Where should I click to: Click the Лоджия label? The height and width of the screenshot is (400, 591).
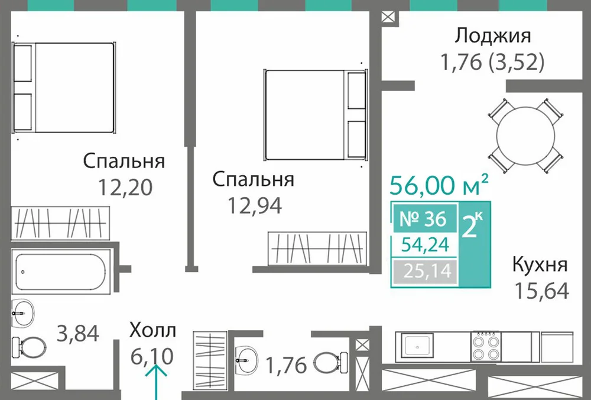[x=493, y=37]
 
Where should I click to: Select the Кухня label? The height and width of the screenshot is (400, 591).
[x=540, y=264]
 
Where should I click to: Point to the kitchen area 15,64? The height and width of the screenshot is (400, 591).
[x=541, y=291]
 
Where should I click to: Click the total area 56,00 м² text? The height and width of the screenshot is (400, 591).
[x=439, y=185]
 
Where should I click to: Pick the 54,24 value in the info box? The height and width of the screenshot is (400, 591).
[x=425, y=245]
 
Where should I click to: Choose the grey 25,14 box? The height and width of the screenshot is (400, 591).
[x=425, y=271]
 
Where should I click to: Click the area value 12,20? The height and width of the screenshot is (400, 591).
[x=125, y=187]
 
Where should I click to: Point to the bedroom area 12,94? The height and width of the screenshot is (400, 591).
[x=254, y=206]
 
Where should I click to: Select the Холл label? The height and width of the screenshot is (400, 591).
[x=152, y=331]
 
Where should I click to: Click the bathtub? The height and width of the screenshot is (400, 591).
[x=61, y=271]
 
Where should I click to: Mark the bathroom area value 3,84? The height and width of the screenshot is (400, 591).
[x=77, y=334]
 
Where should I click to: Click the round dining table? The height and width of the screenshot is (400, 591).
[x=526, y=136]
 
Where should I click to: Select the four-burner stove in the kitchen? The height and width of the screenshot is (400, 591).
[x=486, y=346]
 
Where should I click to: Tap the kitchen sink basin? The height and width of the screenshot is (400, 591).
[x=417, y=347]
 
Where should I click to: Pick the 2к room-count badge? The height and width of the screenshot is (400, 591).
[x=474, y=225]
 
